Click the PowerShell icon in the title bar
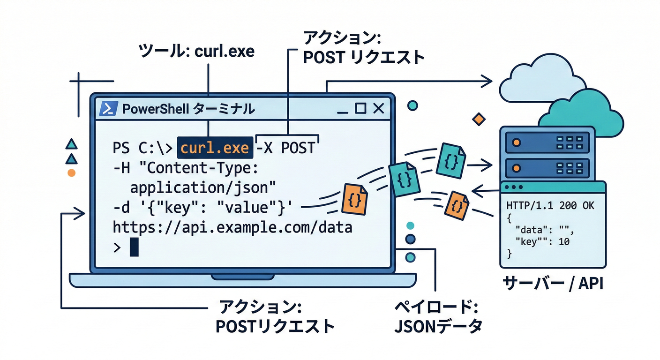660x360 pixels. click(108, 109)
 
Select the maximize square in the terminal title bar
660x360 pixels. click(360, 109)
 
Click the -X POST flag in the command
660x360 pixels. click(286, 148)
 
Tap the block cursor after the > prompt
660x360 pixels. click(134, 247)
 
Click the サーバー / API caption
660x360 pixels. click(553, 283)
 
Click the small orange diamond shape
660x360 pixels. click(478, 119)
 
